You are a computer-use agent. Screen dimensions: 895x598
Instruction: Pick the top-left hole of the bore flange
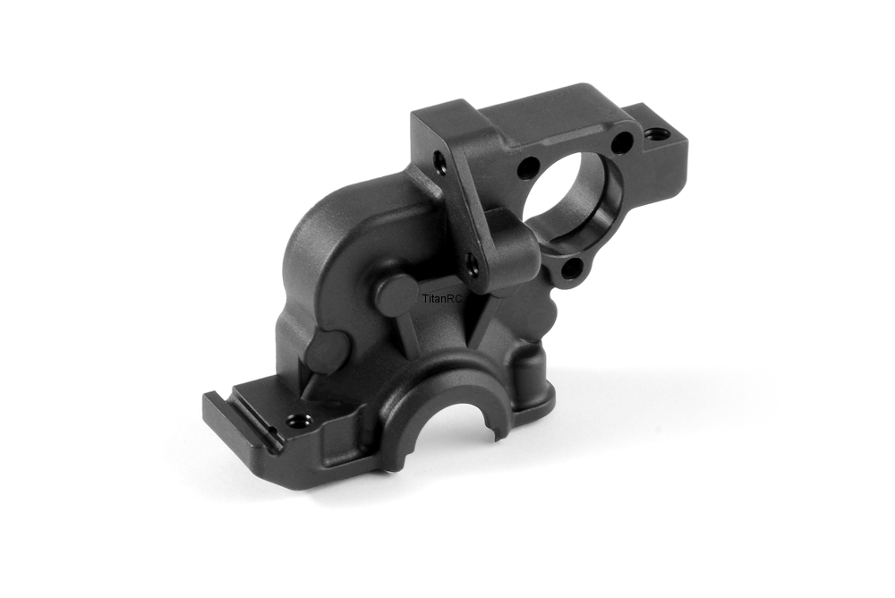530,167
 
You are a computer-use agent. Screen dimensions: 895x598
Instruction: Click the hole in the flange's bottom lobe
571,266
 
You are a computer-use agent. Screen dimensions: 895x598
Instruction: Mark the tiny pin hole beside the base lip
274,430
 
